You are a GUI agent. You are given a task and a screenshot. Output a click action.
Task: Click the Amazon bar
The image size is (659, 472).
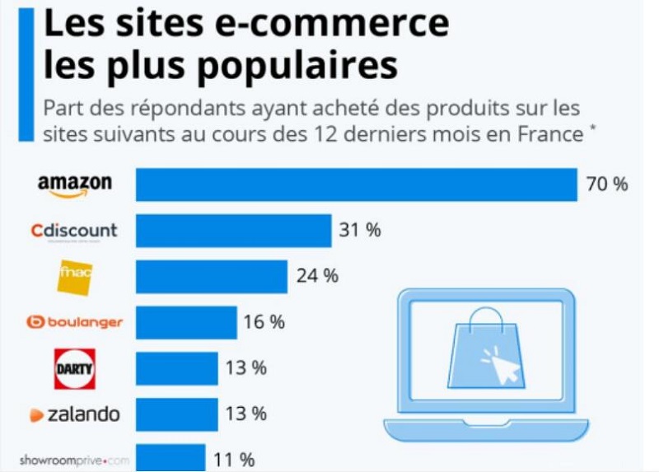(356, 185)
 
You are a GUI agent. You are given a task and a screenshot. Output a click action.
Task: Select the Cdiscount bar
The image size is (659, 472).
(233, 231)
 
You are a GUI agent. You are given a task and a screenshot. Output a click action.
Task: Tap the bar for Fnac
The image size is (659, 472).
(211, 277)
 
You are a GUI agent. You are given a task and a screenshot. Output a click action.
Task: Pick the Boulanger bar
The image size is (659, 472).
(186, 322)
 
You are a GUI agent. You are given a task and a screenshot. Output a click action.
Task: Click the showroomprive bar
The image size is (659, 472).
(171, 458)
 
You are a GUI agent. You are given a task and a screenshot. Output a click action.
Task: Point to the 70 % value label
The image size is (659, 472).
(606, 184)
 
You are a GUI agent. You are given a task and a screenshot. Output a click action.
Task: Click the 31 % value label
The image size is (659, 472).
(360, 231)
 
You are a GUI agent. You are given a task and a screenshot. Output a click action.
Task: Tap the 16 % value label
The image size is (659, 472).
(264, 322)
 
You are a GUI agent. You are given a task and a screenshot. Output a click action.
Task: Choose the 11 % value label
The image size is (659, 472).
(234, 460)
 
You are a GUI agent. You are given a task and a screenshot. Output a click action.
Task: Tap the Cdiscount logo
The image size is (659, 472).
(74, 231)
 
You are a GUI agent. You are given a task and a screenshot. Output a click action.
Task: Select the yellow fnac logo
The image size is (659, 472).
(77, 276)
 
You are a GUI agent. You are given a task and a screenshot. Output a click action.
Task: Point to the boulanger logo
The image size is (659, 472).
(74, 322)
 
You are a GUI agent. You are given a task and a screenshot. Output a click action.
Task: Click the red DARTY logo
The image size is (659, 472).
(75, 368)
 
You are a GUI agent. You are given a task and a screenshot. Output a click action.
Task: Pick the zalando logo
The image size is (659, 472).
(74, 414)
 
